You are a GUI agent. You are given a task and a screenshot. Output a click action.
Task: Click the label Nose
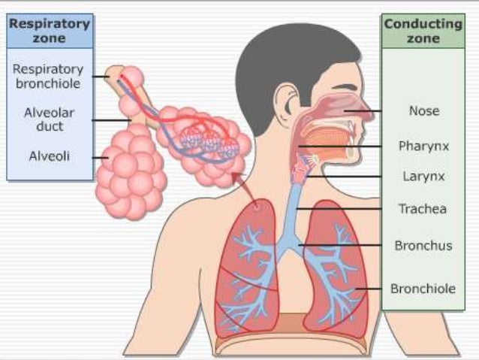tap(423, 111)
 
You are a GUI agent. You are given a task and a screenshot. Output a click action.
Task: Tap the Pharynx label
tap(423, 146)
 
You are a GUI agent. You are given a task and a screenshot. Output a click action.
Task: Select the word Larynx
tap(423, 177)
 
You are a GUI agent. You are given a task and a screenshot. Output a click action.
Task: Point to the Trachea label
tap(423, 209)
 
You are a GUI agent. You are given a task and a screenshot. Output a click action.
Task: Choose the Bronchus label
tap(423, 245)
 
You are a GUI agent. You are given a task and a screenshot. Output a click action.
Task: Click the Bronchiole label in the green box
tap(423, 288)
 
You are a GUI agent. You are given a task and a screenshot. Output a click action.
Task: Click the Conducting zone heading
tap(423, 31)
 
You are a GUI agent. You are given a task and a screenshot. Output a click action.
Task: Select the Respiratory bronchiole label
tap(48, 75)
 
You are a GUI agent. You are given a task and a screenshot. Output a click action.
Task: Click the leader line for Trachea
tap(345, 209)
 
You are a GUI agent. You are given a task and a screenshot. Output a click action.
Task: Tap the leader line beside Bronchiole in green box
tap(372, 288)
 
